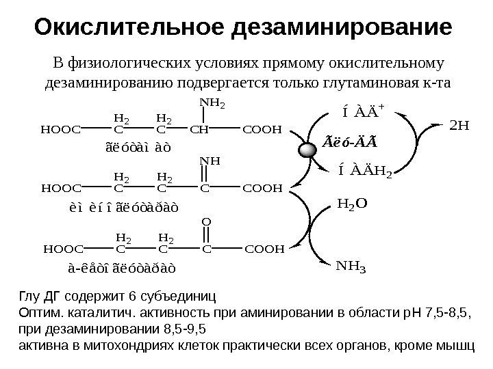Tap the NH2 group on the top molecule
(x=212, y=104)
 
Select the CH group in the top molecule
(x=201, y=128)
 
